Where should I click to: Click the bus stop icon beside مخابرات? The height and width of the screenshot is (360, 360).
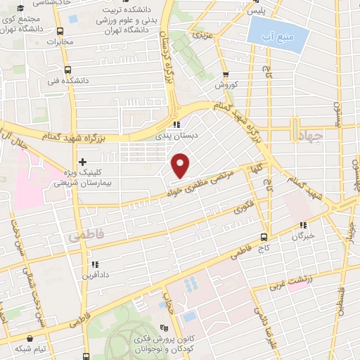59,31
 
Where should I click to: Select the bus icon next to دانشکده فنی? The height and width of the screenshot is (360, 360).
67,70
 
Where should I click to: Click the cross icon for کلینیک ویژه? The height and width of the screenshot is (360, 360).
83,162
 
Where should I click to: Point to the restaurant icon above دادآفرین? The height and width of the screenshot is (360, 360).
94,264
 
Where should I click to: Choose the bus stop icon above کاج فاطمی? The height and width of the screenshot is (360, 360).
264,236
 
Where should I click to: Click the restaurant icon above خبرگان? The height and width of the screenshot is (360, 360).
302,226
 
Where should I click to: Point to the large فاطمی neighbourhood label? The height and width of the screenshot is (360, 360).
85,237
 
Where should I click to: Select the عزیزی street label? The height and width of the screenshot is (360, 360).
202,33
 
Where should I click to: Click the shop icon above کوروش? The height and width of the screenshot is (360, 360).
225,76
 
